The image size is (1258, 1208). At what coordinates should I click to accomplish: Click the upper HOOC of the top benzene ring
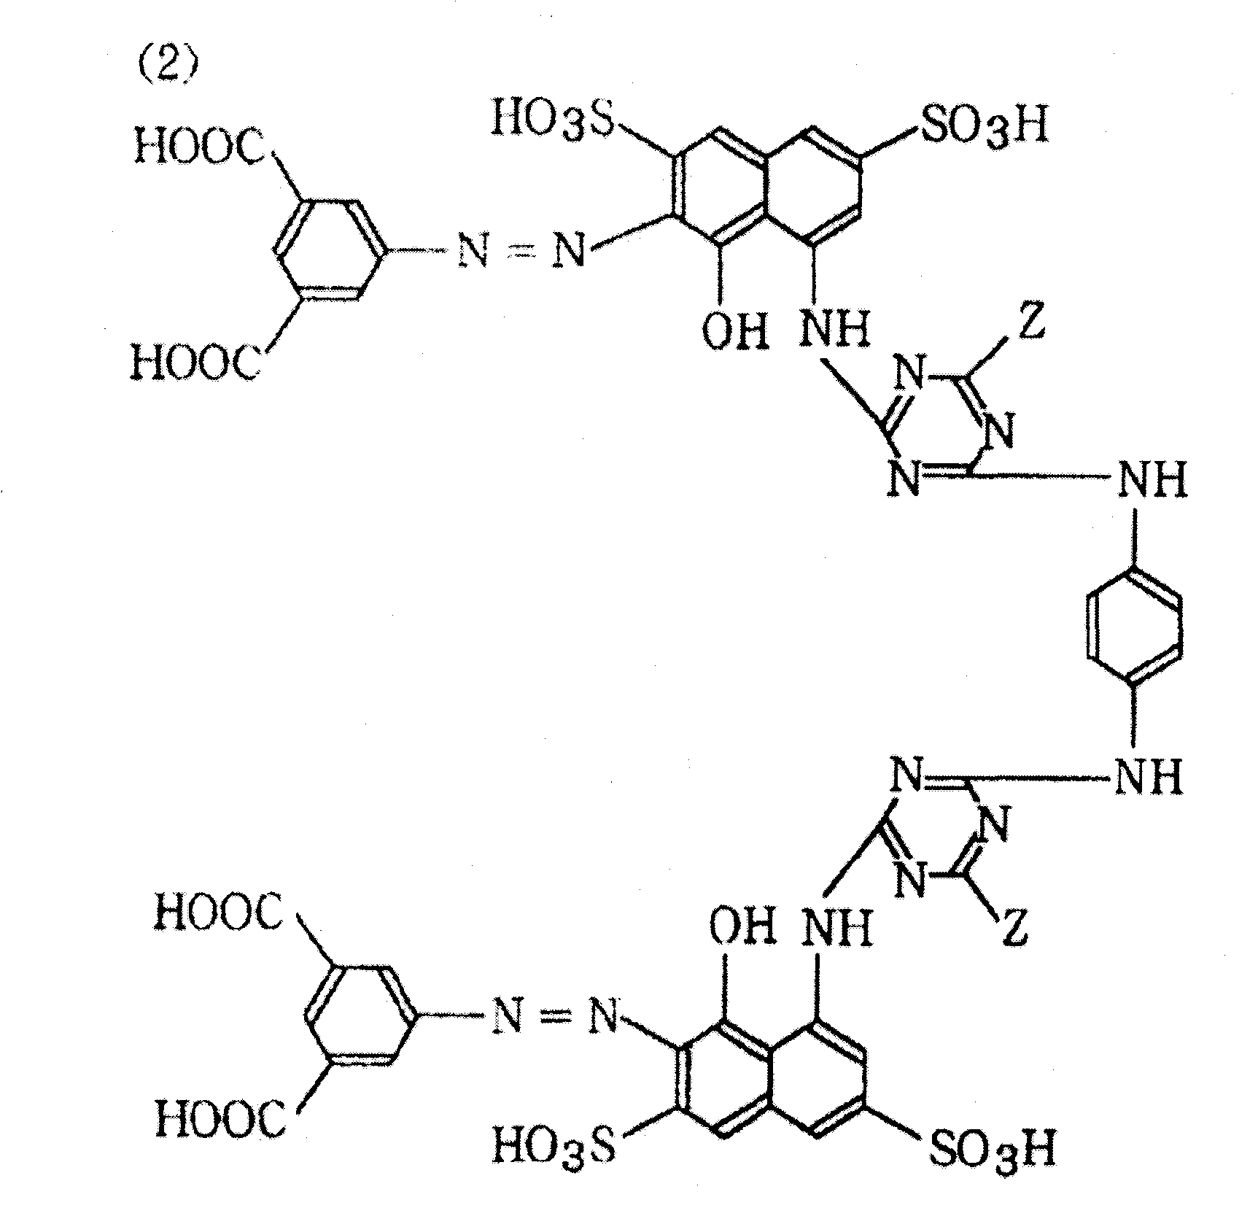tap(198, 146)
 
